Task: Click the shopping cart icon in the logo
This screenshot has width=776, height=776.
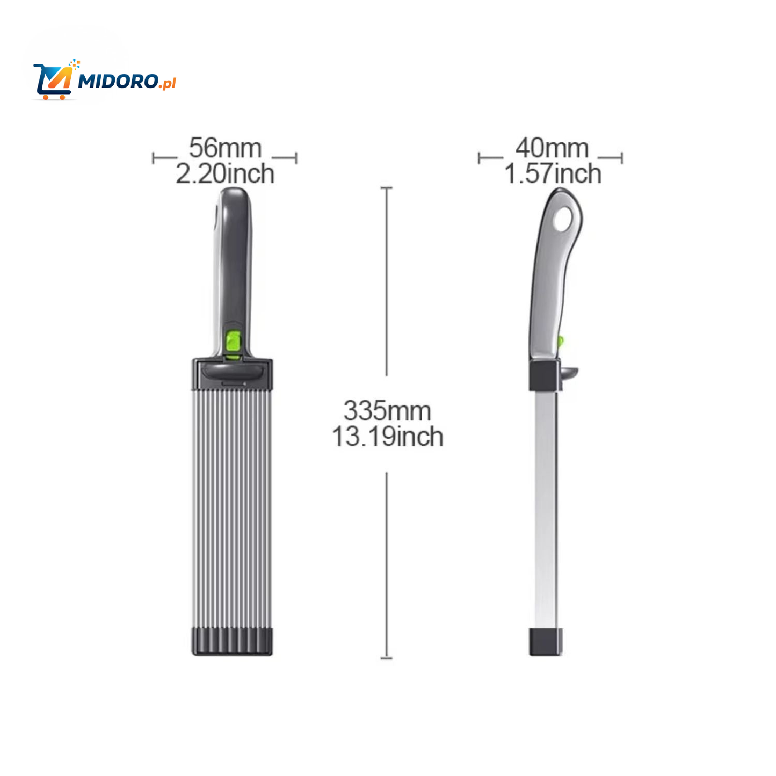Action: [x=54, y=81]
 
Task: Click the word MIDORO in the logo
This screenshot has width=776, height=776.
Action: [x=118, y=81]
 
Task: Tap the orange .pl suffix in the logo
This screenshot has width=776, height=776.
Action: [x=167, y=83]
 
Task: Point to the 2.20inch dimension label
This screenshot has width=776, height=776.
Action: [x=225, y=174]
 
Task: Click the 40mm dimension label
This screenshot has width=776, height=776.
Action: [x=552, y=148]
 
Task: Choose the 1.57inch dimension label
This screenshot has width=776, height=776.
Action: [x=553, y=174]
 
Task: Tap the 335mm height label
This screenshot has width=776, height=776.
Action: [x=387, y=411]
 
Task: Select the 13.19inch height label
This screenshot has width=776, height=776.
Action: [x=387, y=437]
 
